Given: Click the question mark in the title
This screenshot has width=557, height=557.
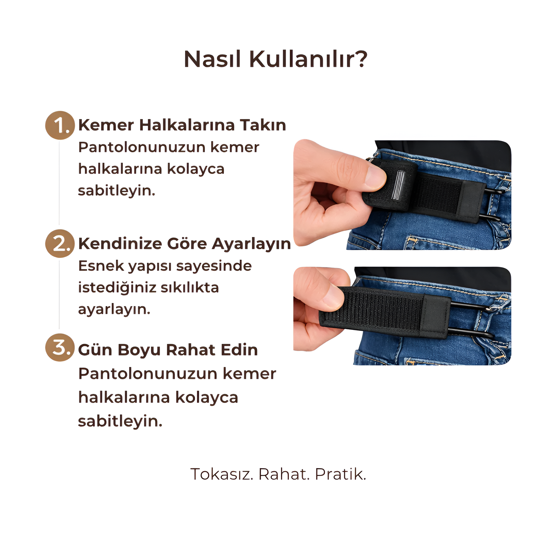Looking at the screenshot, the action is (360, 59).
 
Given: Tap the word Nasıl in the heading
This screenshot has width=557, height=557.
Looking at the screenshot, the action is (212, 59).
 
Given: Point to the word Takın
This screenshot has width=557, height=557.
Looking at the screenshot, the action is (263, 125).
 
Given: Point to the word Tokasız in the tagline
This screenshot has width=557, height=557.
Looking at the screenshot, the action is (222, 474).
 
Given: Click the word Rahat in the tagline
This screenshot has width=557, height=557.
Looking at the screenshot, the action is (284, 474).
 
